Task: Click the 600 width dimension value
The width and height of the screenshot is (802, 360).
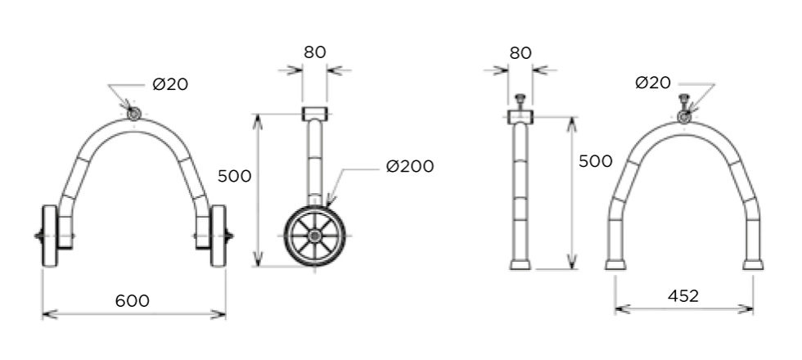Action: pyautogui.click(x=133, y=301)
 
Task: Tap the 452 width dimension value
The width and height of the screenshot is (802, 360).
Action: pyautogui.click(x=683, y=295)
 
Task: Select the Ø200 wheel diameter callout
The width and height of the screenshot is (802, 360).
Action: pyautogui.click(x=410, y=166)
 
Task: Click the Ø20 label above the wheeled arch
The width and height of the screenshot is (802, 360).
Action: pyautogui.click(x=170, y=84)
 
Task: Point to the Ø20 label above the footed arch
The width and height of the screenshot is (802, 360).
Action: pyautogui.click(x=653, y=83)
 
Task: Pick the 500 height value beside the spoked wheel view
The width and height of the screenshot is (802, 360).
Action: pyautogui.click(x=234, y=176)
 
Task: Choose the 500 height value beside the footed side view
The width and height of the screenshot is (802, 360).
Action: pyautogui.click(x=596, y=161)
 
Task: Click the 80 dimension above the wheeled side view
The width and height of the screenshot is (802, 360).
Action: pyautogui.click(x=314, y=52)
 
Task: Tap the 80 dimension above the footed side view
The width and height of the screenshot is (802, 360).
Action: pyautogui.click(x=520, y=52)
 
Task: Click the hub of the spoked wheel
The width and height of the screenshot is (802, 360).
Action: pyautogui.click(x=314, y=236)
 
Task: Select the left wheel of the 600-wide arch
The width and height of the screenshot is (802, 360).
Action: pyautogui.click(x=50, y=236)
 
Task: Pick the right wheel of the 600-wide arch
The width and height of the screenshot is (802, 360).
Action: pyautogui.click(x=219, y=236)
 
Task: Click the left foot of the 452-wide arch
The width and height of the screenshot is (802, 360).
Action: pyautogui.click(x=615, y=264)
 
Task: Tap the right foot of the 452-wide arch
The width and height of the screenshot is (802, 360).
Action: pyautogui.click(x=753, y=264)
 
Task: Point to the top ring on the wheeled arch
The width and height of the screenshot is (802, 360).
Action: pyautogui.click(x=134, y=114)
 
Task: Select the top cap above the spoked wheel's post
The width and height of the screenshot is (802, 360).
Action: pyautogui.click(x=314, y=114)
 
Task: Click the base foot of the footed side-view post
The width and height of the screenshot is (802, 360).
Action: pyautogui.click(x=520, y=264)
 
